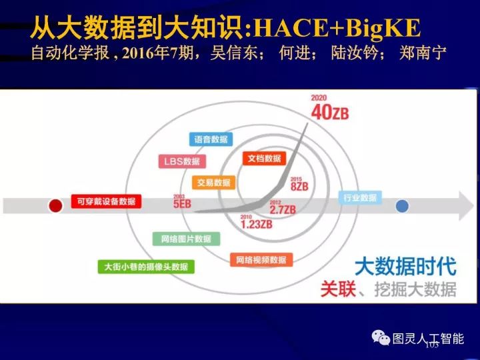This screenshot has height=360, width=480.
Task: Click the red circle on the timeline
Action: [x=56, y=205]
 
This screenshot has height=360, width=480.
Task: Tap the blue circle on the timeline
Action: [x=402, y=206]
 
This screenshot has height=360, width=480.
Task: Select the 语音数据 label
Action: [x=211, y=139]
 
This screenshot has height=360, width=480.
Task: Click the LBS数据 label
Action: [x=182, y=161]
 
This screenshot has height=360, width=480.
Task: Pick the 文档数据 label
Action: [x=265, y=159]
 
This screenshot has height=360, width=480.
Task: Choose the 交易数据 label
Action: [x=214, y=182]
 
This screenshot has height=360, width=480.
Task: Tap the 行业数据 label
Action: [x=360, y=197]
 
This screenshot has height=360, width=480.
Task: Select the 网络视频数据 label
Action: [x=261, y=259]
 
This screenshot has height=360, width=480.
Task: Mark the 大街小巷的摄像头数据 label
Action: [x=146, y=266]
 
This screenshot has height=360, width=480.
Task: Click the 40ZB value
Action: [x=330, y=112]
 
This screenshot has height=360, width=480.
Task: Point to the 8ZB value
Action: [x=299, y=186]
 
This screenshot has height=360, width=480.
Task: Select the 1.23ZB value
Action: [x=255, y=224]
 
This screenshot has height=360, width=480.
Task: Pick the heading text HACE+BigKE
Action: [x=338, y=28]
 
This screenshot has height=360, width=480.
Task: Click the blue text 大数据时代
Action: [x=405, y=267]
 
